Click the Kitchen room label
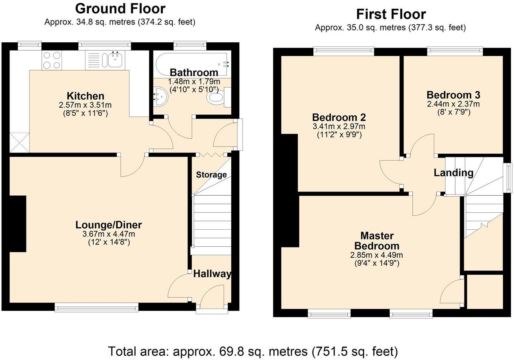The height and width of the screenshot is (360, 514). click(85, 96)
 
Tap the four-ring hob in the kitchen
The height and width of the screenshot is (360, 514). click(52, 60)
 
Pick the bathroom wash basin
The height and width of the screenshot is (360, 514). click(160, 97)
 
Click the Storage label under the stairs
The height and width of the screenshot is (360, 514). click(211, 175)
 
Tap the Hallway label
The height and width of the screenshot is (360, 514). click(212, 274)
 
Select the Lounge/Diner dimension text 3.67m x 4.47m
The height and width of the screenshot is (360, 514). click(108, 234)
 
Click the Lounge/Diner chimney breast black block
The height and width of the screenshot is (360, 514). click(18, 224)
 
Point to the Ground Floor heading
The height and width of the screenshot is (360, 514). click(120, 9)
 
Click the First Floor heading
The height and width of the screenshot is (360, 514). click(391, 14)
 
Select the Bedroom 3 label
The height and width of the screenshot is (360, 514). click(453, 95)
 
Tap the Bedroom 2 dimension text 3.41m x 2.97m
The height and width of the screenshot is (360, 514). click(339, 127)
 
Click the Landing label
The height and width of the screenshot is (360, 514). click(453, 173)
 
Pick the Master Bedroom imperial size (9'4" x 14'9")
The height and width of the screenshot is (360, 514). click(376, 263)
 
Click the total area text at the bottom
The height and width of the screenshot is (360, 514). click(253, 351)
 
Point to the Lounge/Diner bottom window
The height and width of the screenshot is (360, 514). click(97, 308)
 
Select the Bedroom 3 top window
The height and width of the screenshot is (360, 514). click(455, 50)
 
